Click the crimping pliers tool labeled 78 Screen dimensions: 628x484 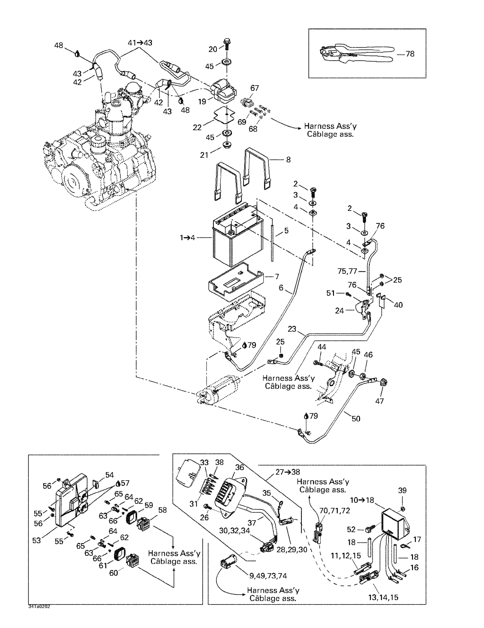pyautogui.click(x=355, y=54)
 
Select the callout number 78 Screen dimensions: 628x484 pyautogui.click(x=410, y=54)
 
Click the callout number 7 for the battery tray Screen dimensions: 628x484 pyautogui.click(x=277, y=276)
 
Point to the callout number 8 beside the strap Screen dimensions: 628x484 pyautogui.click(x=288, y=159)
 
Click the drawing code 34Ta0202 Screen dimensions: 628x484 pyautogui.click(x=39, y=606)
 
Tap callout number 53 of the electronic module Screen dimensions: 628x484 pyautogui.click(x=36, y=540)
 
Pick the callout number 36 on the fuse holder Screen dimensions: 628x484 pyautogui.click(x=239, y=467)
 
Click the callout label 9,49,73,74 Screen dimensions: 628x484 pyautogui.click(x=268, y=576)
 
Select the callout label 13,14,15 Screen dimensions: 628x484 pyautogui.click(x=383, y=597)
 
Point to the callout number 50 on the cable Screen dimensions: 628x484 pyautogui.click(x=356, y=419)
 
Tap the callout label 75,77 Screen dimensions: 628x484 pyautogui.click(x=347, y=271)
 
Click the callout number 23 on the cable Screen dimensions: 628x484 pyautogui.click(x=292, y=329)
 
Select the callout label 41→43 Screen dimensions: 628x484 pyautogui.click(x=140, y=43)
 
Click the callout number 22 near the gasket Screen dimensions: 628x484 pyautogui.click(x=197, y=127)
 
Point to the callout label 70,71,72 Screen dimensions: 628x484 pyautogui.click(x=334, y=510)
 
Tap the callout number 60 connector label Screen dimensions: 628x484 pyautogui.click(x=114, y=573)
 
